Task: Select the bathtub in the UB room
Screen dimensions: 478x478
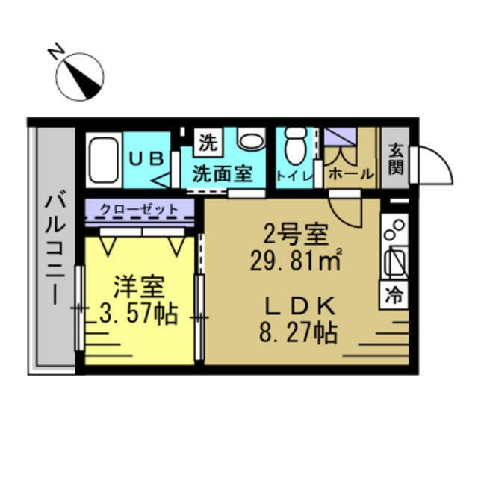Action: click(x=102, y=161)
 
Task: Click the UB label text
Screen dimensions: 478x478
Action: click(x=146, y=158)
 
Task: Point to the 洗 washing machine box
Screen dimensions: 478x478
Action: click(x=208, y=140)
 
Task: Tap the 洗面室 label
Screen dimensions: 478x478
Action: click(x=223, y=174)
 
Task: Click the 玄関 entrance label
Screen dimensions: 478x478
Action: click(x=396, y=158)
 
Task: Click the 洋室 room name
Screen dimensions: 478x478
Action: click(x=137, y=287)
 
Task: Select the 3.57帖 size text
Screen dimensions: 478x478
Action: click(x=138, y=314)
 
